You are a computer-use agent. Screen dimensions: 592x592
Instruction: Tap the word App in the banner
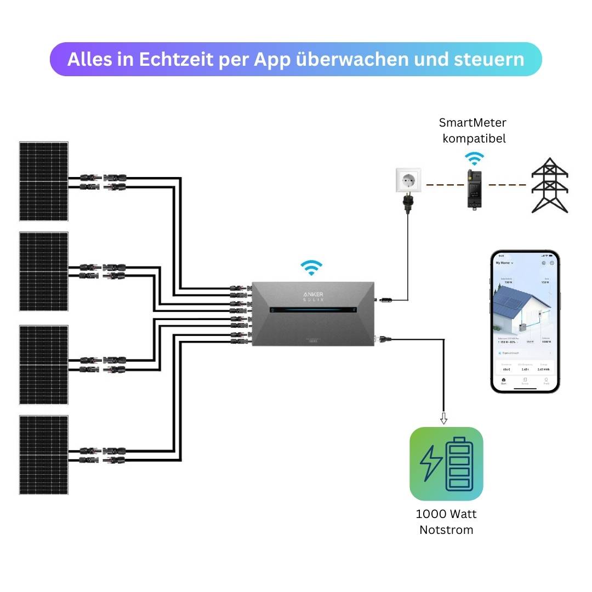pos(272,59)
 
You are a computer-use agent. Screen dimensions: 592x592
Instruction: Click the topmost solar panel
pos(44,181)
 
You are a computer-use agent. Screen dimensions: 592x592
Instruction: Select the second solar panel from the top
pos(44,271)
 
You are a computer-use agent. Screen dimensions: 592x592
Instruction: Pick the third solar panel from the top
pos(44,365)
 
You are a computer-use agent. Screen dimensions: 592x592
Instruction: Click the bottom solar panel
pos(44,454)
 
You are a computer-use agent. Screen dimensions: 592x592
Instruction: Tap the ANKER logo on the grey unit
pos(313,295)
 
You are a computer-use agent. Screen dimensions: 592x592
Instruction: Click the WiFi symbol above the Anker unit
pos(311,268)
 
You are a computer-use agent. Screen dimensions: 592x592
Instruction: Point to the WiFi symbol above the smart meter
pos(474,158)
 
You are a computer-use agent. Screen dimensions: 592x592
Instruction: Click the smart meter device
pos(474,189)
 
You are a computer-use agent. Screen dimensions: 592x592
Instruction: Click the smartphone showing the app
pos(525,322)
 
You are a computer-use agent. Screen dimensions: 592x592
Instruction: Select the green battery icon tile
pos(446,464)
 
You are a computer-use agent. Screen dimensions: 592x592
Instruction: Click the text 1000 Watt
pos(446,514)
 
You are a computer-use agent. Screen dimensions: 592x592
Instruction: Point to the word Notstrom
pos(446,530)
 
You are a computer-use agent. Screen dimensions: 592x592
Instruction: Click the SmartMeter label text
pos(473,123)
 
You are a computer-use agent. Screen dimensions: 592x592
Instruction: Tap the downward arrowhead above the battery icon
pos(443,420)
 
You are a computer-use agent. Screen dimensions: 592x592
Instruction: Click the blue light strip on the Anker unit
pos(313,310)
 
